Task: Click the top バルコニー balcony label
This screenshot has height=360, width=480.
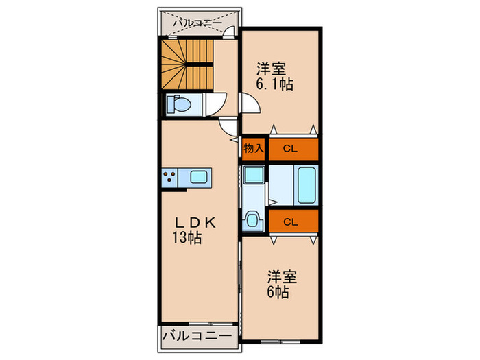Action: (197, 23)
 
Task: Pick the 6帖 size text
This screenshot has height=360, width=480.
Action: (278, 292)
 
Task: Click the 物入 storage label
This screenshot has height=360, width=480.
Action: (253, 148)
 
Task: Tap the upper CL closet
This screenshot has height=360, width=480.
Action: (291, 148)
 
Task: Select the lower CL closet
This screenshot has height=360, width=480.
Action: (291, 221)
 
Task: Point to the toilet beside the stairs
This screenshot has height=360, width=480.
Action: (180, 106)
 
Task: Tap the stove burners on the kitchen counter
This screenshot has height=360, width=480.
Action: (170, 178)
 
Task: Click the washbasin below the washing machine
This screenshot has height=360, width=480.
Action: (252, 220)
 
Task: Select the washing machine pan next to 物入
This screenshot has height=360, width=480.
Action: (253, 174)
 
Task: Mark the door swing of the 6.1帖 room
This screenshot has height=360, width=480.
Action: (250, 104)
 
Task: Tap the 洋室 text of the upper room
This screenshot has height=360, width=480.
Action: (272, 69)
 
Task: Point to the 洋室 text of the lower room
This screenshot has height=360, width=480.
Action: (281, 277)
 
